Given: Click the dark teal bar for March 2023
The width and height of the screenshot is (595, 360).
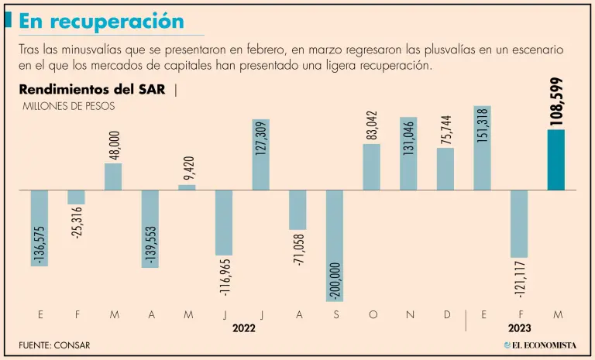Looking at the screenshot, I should pos(555,159).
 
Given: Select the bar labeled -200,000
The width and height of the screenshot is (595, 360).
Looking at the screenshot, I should pos(335,245).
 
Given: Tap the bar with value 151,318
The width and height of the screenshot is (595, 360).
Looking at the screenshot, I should pos(482,148).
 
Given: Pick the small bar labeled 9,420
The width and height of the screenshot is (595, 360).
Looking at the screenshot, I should pos(187,187).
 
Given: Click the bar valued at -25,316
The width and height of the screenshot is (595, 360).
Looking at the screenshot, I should pos(76,197).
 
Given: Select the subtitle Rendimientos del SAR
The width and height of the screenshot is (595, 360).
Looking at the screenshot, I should pos(94,89).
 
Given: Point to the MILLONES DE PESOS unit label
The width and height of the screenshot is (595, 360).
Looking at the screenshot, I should pos(70,106).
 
